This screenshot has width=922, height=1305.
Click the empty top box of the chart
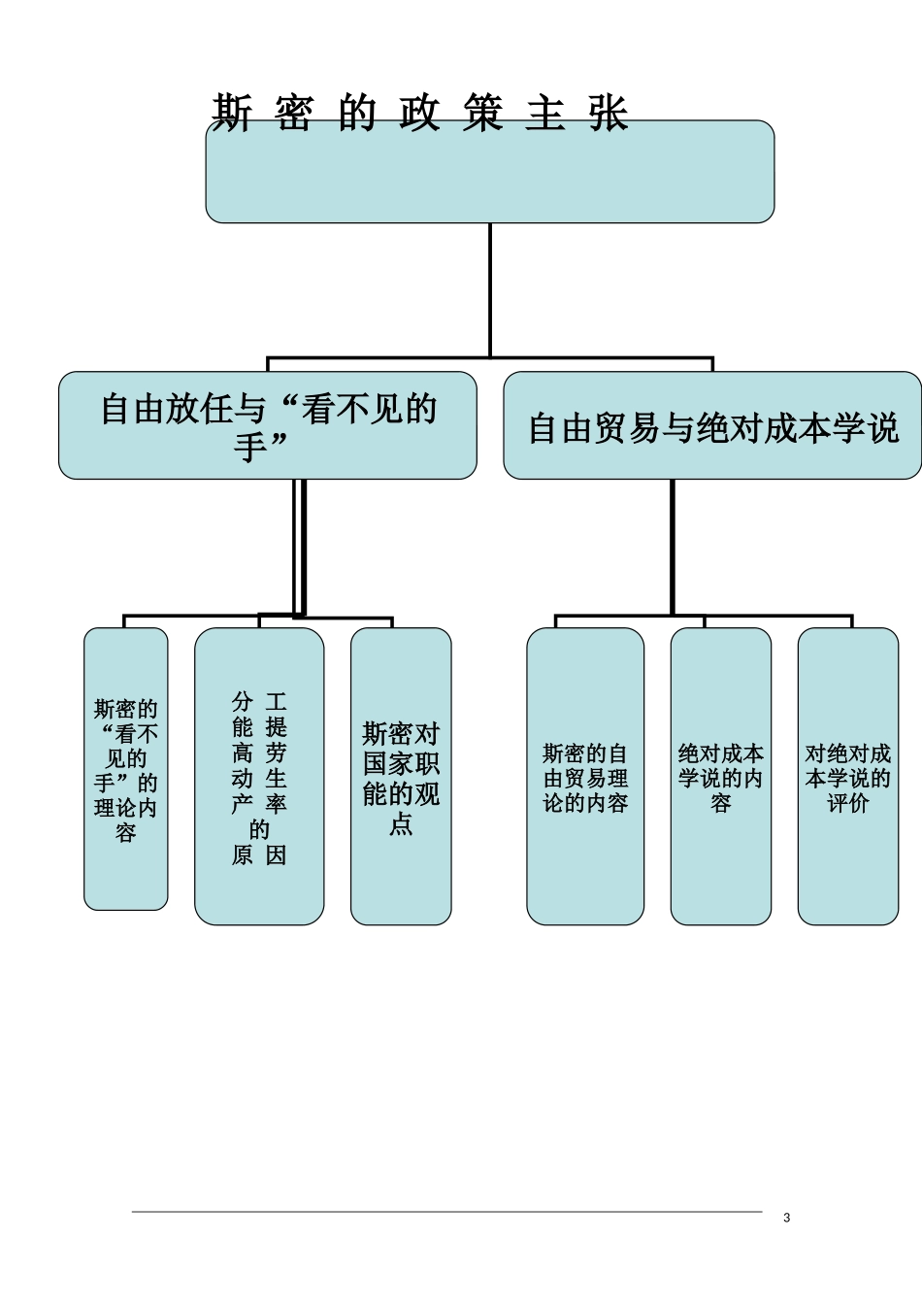click(x=489, y=175)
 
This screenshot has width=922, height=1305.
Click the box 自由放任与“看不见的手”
click(x=267, y=425)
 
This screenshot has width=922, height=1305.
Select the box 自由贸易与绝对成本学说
click(x=712, y=425)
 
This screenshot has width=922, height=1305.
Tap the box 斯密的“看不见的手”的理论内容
click(x=125, y=769)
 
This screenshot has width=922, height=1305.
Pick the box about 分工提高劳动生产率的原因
click(x=259, y=777)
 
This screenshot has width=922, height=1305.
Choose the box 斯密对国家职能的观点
click(x=401, y=777)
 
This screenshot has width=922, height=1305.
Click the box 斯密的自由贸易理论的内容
click(x=585, y=777)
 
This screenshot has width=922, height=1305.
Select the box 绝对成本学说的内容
click(x=720, y=777)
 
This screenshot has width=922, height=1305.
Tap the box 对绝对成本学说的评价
click(x=847, y=777)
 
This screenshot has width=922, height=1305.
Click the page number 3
click(x=786, y=1218)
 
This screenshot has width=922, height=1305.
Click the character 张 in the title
click(x=609, y=113)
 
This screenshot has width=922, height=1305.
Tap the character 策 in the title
click(x=482, y=113)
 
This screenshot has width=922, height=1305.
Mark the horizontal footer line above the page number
click(x=446, y=1212)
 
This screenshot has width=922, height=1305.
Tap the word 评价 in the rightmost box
click(x=847, y=803)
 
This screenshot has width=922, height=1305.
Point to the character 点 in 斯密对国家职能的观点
click(x=401, y=823)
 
